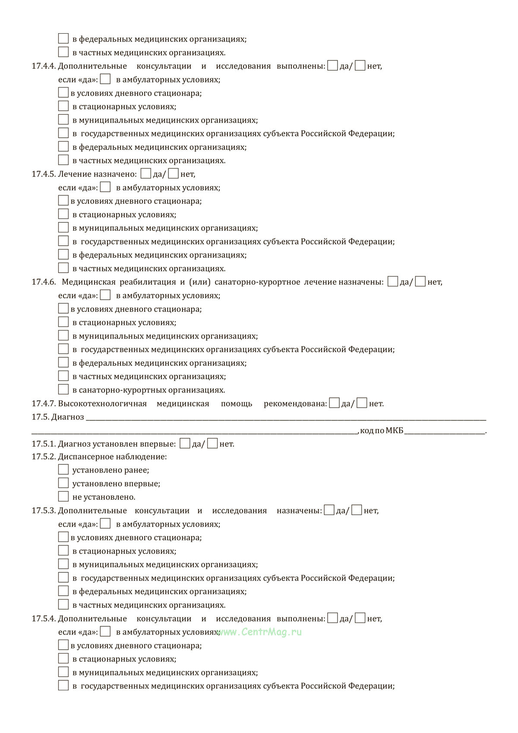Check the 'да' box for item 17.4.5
click(x=146, y=174)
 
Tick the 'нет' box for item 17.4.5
click(x=174, y=174)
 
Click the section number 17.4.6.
click(x=44, y=282)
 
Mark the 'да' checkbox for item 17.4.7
click(x=334, y=403)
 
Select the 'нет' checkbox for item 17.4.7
click(x=362, y=403)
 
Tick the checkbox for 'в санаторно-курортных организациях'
click(x=63, y=389)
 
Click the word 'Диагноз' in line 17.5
click(x=68, y=417)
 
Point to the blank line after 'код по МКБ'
click(x=445, y=430)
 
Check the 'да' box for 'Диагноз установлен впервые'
click(x=185, y=443)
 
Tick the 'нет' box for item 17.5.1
click(x=212, y=443)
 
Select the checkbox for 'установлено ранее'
click(x=63, y=470)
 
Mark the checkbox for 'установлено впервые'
click(x=63, y=483)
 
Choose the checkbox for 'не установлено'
click(x=63, y=496)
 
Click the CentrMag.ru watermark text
click(x=260, y=631)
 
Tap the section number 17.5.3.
click(x=44, y=511)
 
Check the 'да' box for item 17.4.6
click(x=393, y=282)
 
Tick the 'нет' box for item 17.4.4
click(x=360, y=66)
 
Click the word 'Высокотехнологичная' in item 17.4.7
click(x=102, y=403)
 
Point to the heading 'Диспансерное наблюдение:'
click(x=112, y=457)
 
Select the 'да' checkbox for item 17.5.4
click(x=333, y=618)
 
